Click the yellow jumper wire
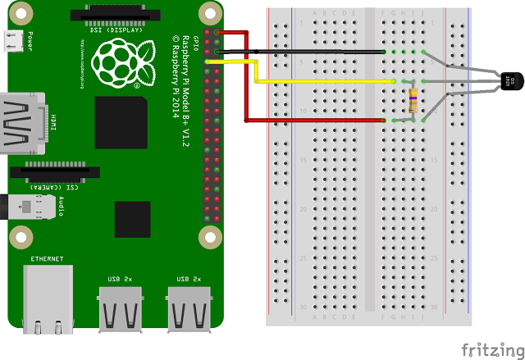pyautogui.click(x=328, y=82)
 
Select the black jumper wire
pyautogui.click(x=304, y=52)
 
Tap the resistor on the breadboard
pyautogui.click(x=413, y=101)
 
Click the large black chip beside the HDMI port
pyautogui.click(x=121, y=122)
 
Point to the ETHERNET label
pyautogui.click(x=47, y=259)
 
